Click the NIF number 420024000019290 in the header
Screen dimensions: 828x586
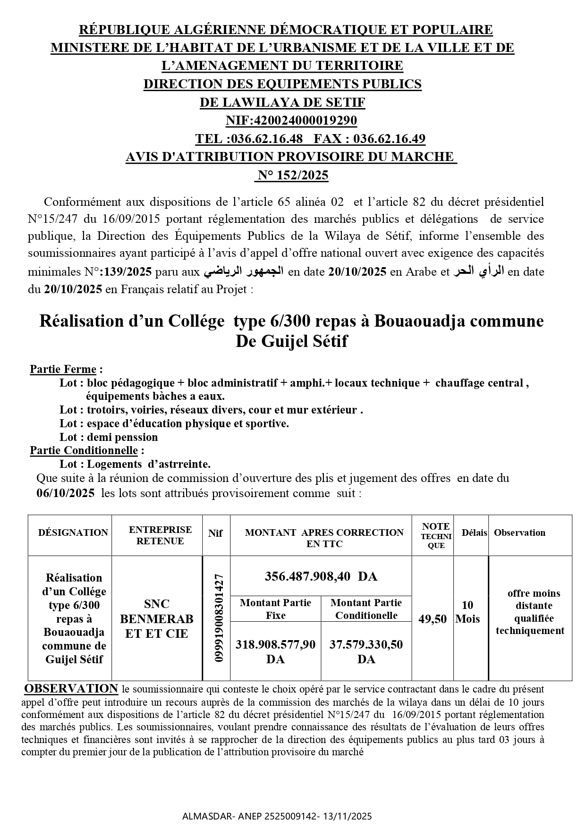[x=305, y=121]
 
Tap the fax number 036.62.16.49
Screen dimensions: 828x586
[x=389, y=139]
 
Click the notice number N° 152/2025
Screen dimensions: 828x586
[x=292, y=176]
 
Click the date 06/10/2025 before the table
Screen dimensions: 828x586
[x=65, y=494]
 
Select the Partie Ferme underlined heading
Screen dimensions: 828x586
[x=63, y=369]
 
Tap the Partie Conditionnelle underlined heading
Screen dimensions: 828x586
[x=84, y=450]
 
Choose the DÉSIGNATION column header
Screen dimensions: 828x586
[x=73, y=532]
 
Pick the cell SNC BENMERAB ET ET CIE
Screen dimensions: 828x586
[x=157, y=618]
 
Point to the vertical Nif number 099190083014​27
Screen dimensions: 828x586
[x=218, y=617]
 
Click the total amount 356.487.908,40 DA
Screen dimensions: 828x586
[x=321, y=576]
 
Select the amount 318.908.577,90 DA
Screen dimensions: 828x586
[x=275, y=651]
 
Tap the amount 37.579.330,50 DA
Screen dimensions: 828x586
[x=366, y=651]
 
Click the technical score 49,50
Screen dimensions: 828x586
[x=432, y=619]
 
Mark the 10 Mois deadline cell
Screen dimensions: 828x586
[x=467, y=612]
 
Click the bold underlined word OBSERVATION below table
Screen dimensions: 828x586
[x=71, y=689]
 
